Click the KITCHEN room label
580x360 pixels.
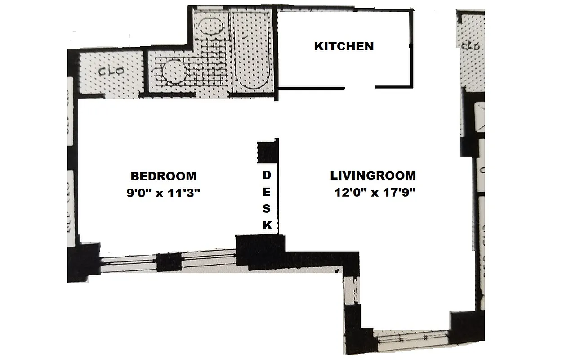tap(344, 46)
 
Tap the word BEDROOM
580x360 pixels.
tap(163, 176)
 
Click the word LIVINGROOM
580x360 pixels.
tap(373, 175)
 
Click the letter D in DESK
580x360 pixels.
tap(267, 175)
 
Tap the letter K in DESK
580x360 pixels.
tap(267, 226)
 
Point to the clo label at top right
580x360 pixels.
tap(471, 45)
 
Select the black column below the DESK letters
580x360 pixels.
tap(260, 250)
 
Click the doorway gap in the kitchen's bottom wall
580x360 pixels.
tap(360, 87)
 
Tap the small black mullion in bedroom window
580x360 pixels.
tap(169, 262)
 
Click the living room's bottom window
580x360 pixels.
tap(412, 337)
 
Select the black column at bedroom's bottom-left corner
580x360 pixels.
tap(84, 262)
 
